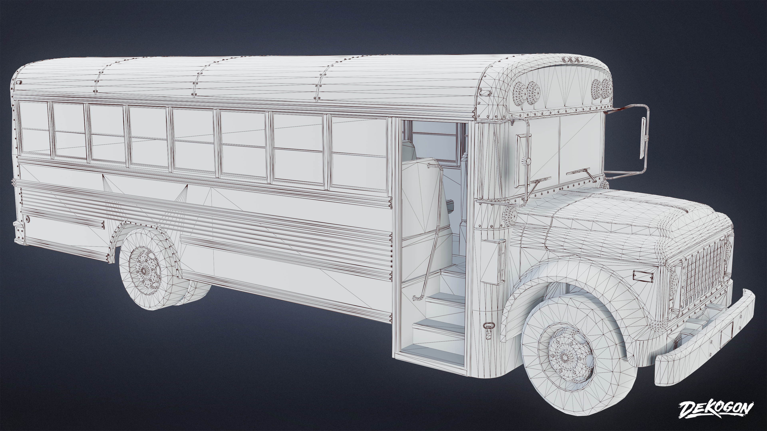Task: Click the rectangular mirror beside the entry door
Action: (522, 161)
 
